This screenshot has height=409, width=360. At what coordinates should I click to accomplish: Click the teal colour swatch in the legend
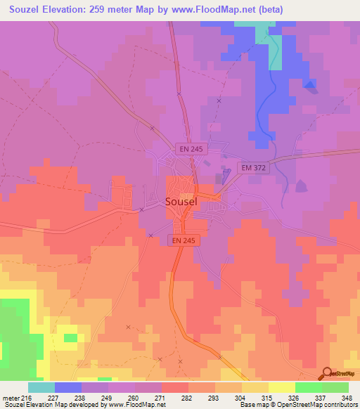pos(41,387)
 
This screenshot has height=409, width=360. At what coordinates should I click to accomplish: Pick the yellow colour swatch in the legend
pos(282,387)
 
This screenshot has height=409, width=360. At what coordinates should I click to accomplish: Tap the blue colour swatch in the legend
pos(68,387)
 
